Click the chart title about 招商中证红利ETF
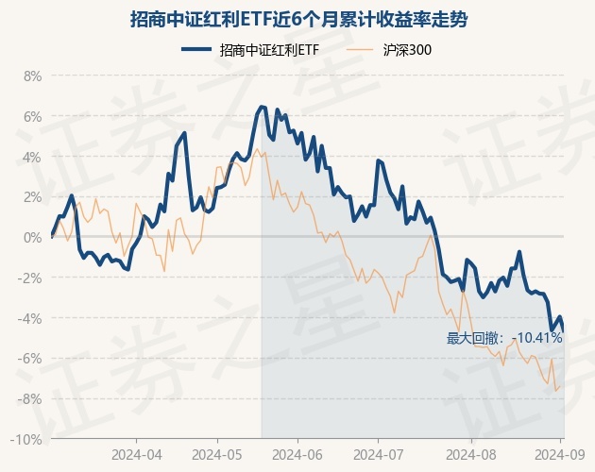click(x=297, y=19)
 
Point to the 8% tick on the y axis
click(x=32, y=76)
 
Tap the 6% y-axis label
click(x=32, y=117)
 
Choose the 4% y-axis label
click(x=32, y=157)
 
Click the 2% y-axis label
click(x=32, y=197)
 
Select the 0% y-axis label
click(x=32, y=238)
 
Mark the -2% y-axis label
click(x=30, y=278)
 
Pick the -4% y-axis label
click(x=30, y=318)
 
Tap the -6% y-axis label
click(x=30, y=359)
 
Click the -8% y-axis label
click(x=30, y=399)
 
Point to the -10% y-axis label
click(x=27, y=440)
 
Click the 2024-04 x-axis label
click(x=136, y=453)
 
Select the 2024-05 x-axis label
click(x=217, y=453)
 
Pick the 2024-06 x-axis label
click(x=297, y=453)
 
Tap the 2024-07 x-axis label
click(x=378, y=453)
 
